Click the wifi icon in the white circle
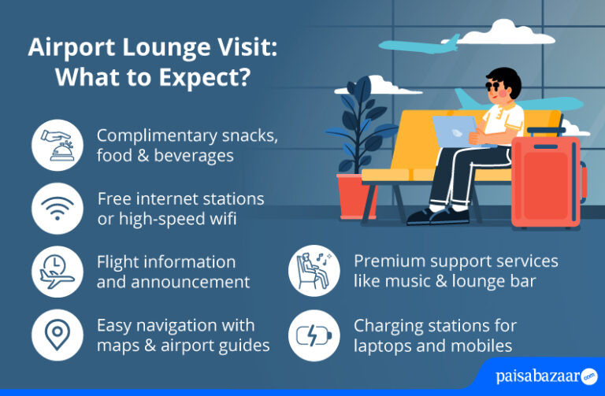click(x=58, y=209)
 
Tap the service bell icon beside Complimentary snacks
click(x=58, y=146)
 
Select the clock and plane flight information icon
click(x=58, y=272)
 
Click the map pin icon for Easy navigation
click(x=58, y=335)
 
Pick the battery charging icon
click(x=314, y=335)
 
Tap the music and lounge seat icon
click(x=314, y=272)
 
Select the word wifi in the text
click(x=224, y=219)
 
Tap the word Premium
click(x=387, y=261)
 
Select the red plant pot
click(x=356, y=195)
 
